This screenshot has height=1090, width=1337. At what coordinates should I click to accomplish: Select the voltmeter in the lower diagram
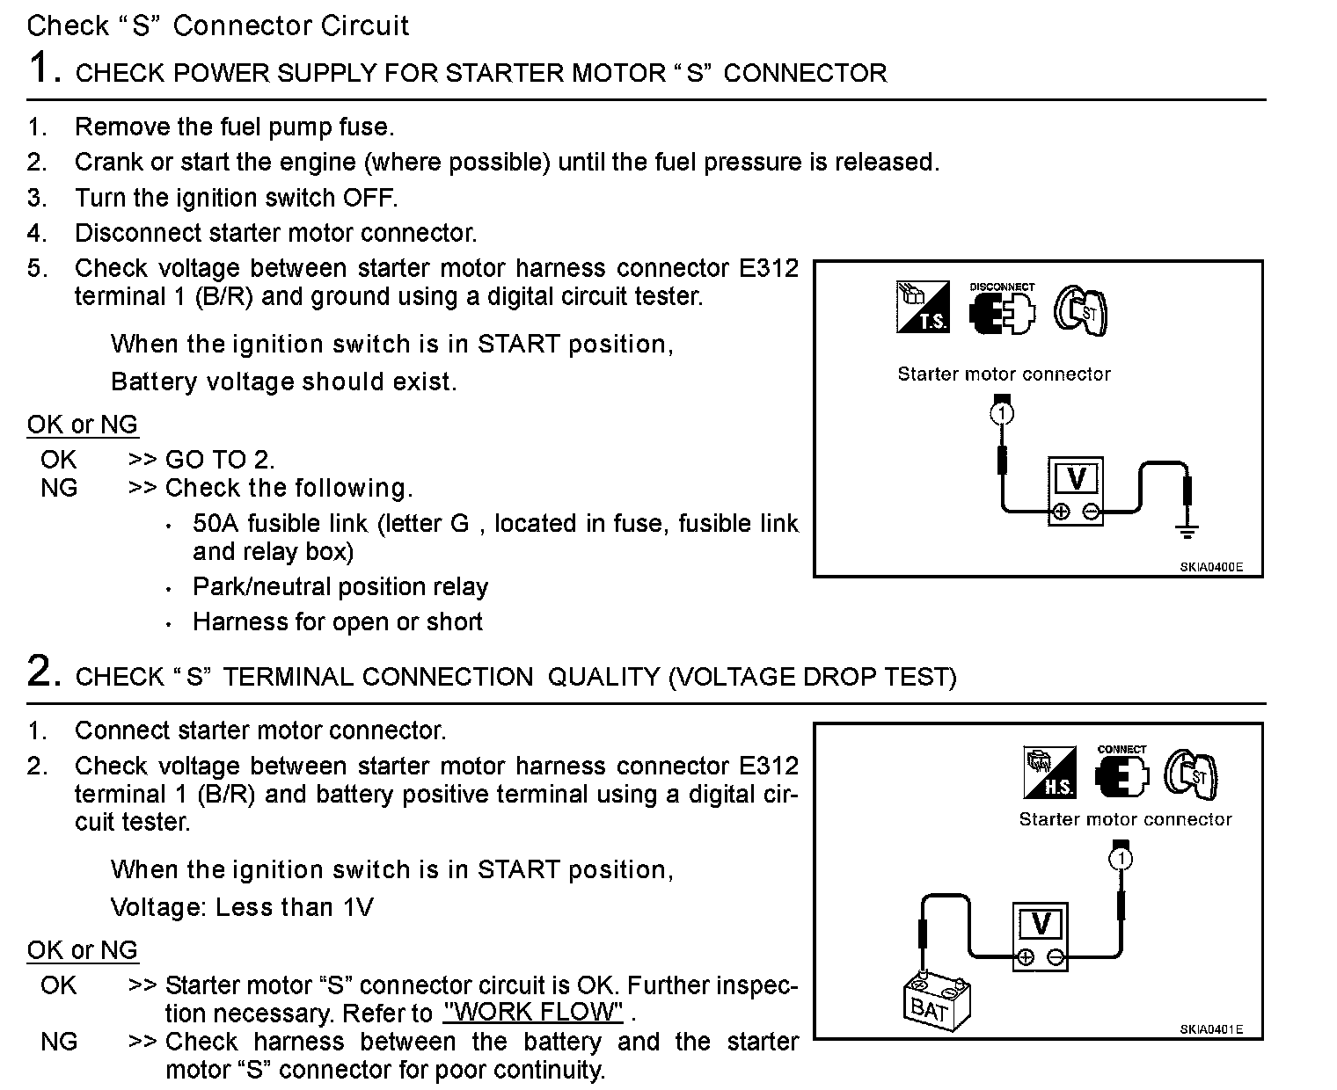pos(1041,936)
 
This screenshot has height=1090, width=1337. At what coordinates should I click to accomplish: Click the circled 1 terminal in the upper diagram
pos(1002,412)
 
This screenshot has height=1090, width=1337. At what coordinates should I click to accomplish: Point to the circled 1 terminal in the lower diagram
pos(1121,858)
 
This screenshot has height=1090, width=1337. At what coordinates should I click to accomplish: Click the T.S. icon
pos(923,307)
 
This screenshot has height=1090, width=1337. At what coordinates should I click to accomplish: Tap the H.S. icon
pos(1049,772)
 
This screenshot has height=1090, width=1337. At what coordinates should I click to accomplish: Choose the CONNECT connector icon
pos(1121,772)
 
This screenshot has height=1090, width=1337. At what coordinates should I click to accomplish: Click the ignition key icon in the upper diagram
pos(1081,309)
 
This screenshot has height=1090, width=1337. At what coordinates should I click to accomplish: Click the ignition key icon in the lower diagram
pos(1192,774)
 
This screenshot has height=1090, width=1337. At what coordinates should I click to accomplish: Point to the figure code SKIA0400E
pos(1211,567)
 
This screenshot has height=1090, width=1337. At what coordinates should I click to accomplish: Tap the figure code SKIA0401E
pos(1211,1030)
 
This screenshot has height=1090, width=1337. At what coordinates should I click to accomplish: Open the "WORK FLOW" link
pos(533,1013)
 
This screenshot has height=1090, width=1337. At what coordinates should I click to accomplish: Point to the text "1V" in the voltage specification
pos(357,907)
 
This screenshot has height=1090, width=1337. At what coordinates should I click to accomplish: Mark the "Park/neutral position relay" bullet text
pos(340,587)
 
